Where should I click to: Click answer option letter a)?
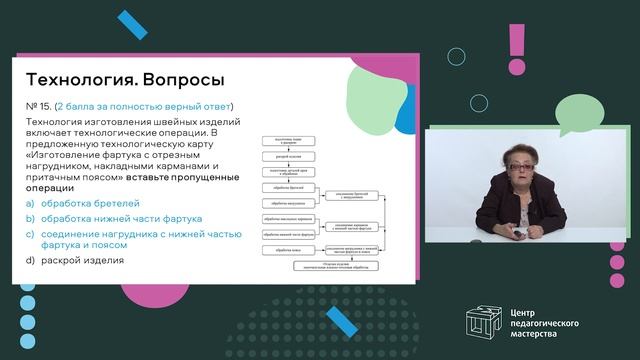(29, 204)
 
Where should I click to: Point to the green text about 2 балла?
(144, 106)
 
